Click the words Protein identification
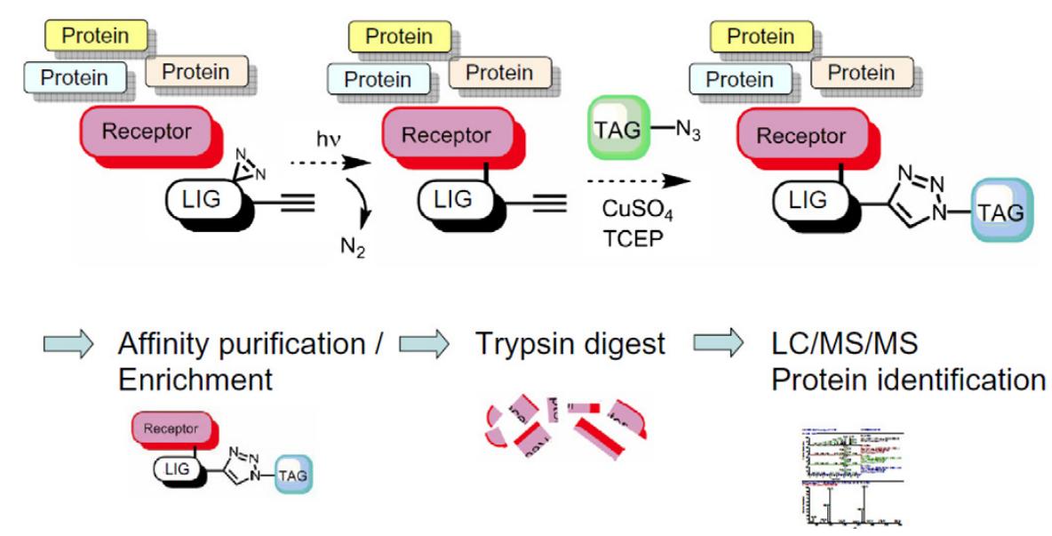(907, 380)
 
